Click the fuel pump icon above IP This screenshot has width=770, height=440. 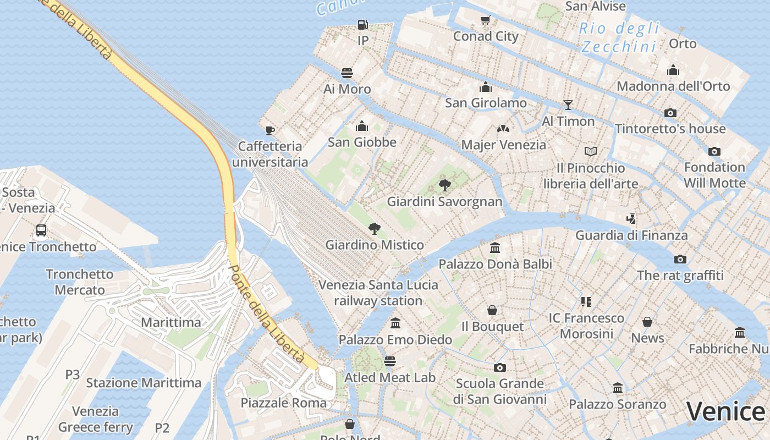(x=362, y=24)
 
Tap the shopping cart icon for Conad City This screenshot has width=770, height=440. (x=485, y=20)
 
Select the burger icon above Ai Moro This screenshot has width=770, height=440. (x=346, y=73)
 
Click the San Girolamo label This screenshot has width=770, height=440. (x=486, y=103)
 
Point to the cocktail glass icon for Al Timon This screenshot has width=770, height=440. (x=568, y=105)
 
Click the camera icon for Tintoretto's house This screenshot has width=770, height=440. (x=670, y=113)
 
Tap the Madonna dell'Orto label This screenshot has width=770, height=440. (x=673, y=86)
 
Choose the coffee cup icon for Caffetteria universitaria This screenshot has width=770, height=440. (x=269, y=130)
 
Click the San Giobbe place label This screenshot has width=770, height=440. (x=362, y=142)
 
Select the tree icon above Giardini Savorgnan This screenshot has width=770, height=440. (x=444, y=185)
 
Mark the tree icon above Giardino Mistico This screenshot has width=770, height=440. (x=374, y=228)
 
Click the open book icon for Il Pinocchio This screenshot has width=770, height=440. (x=590, y=151)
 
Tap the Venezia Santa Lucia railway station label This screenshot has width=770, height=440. (x=378, y=293)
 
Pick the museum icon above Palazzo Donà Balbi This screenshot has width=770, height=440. (x=494, y=248)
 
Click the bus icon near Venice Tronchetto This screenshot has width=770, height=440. (x=41, y=230)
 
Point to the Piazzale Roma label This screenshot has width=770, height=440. (x=284, y=403)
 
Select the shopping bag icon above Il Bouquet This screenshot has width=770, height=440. (x=492, y=311)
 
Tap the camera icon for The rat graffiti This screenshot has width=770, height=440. (x=680, y=259)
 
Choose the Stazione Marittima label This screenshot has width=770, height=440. (x=144, y=383)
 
